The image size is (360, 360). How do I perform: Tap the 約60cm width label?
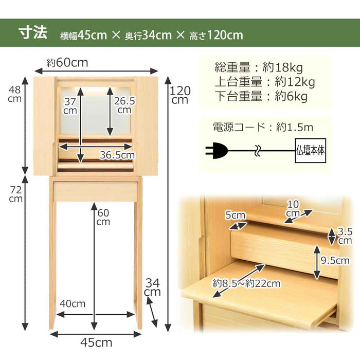tap(67, 63)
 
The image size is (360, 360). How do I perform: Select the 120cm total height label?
tap(180, 95)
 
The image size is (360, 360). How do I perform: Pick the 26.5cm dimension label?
tap(124, 105)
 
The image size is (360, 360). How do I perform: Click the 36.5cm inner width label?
tap(117, 154)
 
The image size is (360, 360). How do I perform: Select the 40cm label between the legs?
tap(71, 303)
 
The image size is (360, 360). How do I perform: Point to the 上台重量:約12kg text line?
tap(264, 81)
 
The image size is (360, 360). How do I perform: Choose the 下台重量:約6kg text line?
tap(260, 96)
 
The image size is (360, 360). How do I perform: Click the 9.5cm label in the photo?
tap(334, 260)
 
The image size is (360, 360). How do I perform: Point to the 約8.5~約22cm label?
tap(247, 283)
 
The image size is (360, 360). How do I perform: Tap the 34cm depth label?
tap(153, 287)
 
